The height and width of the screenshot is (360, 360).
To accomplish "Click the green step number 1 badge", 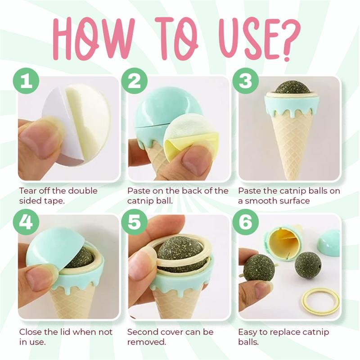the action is pos(26,81).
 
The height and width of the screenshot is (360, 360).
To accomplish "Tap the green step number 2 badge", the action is pos(134,81).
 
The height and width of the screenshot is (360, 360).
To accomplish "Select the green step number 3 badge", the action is pos(245,81).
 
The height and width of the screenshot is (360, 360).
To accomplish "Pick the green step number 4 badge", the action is pos(26,222).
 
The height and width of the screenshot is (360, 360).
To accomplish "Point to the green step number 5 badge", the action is pos(134,222).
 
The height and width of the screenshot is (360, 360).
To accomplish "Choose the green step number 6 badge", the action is pos(245,222).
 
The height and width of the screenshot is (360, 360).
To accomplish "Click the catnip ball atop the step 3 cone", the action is pos(291,88).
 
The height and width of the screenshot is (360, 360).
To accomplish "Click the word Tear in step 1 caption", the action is pos(27,190).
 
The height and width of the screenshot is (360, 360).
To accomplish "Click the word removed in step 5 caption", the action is pos(147,342).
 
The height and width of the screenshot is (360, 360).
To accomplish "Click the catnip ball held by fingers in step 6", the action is pos(259,268).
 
